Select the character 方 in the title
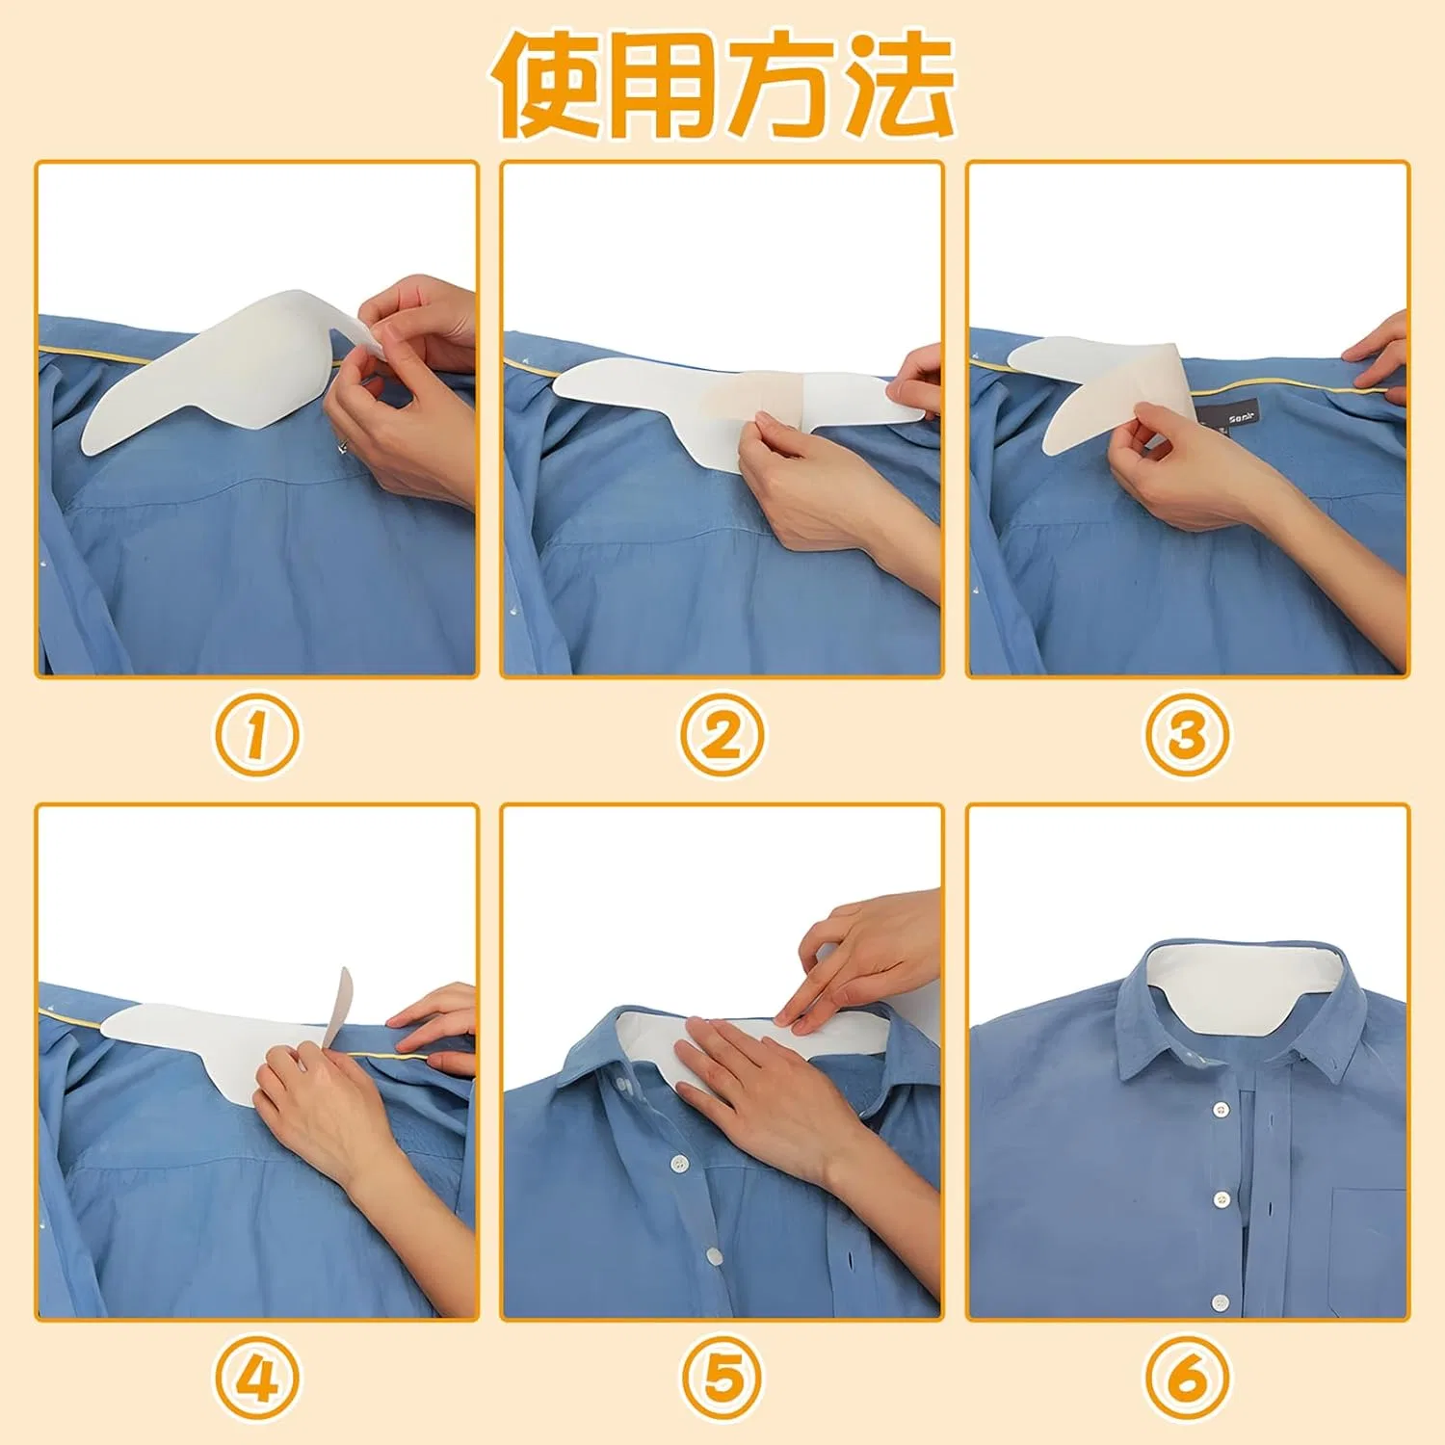[781, 84]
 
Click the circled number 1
[256, 735]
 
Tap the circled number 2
[722, 735]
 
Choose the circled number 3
[1187, 735]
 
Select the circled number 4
[256, 1379]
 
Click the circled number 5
[722, 1379]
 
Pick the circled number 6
[1187, 1379]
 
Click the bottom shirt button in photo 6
[1221, 1302]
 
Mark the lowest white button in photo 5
[714, 1256]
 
